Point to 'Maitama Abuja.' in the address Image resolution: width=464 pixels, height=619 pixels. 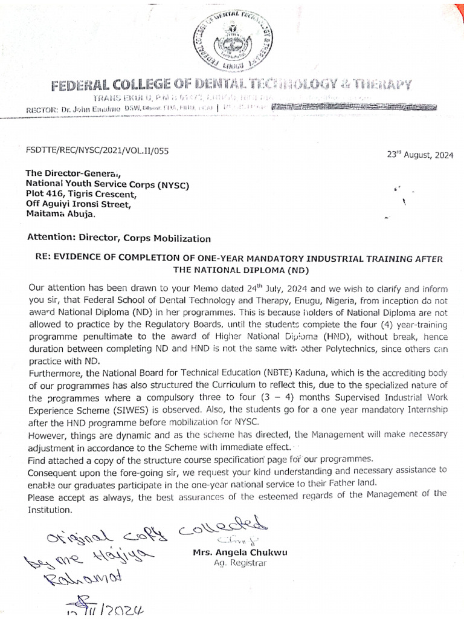pyautogui.click(x=59, y=213)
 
